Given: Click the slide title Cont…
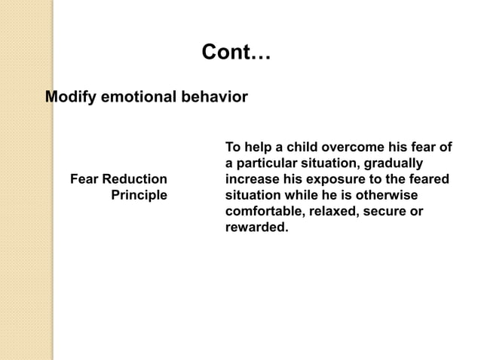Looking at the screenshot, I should coord(237,54).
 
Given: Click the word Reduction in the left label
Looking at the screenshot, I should coord(135,179).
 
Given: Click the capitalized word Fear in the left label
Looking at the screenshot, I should coord(84,179).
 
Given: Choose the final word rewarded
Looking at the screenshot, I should coord(256,227).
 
